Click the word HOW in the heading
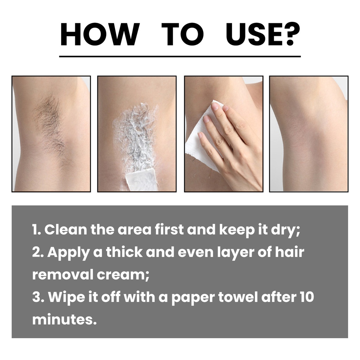pos(100,34)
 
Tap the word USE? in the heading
pos(263,34)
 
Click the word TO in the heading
pos(182,34)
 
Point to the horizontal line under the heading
pos(180,56)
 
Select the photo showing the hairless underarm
pos(309,134)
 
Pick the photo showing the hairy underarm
pos(51,134)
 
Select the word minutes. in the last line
pos(64,319)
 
